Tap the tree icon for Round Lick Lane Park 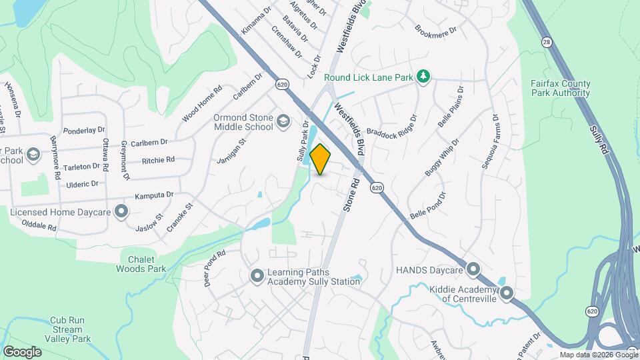coord(423,77)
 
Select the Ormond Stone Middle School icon coord(283,121)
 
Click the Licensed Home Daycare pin coord(121,211)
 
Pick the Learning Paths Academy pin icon coord(257,275)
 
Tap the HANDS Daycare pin coord(473,269)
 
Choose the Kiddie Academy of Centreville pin coord(506,292)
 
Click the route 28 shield coord(547,42)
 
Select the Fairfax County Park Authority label coord(560,88)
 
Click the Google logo coord(22,351)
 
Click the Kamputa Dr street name coord(154,195)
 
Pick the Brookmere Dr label coord(435,30)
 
